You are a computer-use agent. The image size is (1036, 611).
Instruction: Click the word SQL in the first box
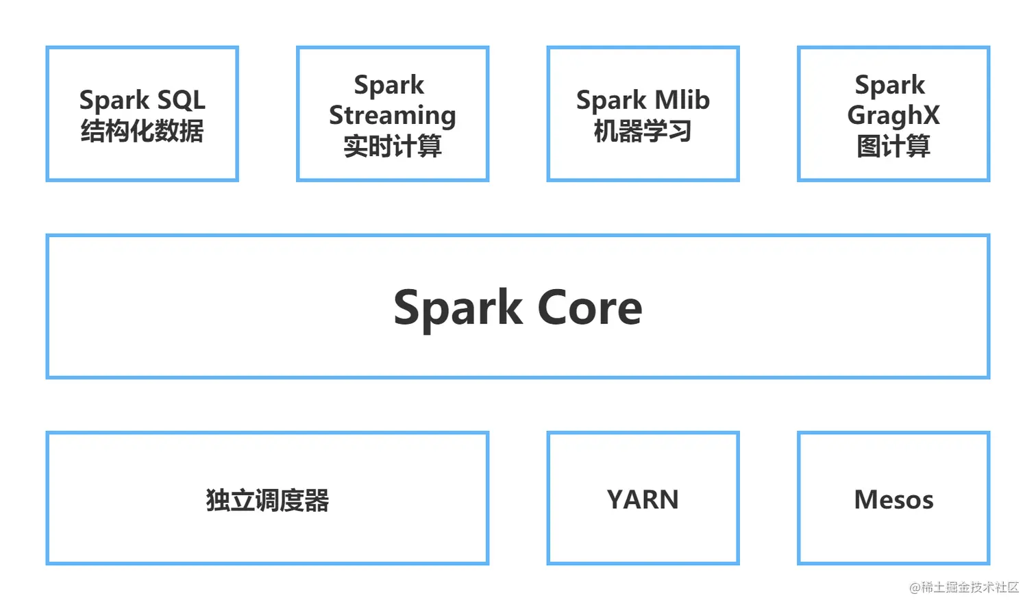point(181,100)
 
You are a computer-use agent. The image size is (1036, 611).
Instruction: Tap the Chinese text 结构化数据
point(142,131)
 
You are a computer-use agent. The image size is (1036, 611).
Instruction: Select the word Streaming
point(392,116)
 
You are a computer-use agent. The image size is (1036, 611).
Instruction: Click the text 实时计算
point(393,146)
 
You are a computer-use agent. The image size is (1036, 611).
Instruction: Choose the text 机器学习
point(643,131)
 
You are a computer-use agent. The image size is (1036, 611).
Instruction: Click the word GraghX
point(893,116)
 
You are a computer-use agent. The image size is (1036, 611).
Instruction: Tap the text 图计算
point(893,146)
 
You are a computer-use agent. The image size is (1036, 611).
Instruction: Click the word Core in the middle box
point(590,308)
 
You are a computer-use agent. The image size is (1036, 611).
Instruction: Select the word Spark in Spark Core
point(458,308)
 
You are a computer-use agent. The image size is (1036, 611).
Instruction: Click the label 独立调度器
point(267,500)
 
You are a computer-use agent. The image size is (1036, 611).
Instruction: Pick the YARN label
point(643,499)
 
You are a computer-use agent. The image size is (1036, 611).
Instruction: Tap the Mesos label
point(893,499)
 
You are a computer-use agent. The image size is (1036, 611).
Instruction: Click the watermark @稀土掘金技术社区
point(963,588)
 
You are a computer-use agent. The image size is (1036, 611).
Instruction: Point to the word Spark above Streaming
point(389,86)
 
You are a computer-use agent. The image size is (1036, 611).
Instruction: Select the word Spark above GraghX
point(890,86)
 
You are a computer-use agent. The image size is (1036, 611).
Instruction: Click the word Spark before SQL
point(114,100)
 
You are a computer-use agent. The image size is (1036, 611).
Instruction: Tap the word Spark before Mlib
point(611,100)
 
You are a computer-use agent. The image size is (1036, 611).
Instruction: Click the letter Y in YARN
point(615,499)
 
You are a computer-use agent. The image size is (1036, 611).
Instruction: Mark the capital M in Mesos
point(866,499)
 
